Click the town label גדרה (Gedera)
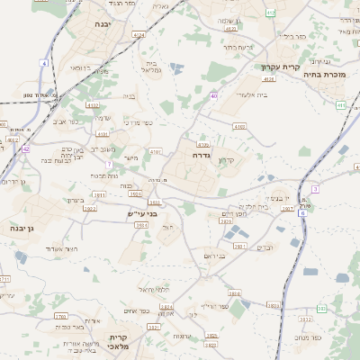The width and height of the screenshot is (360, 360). pyautogui.click(x=200, y=155)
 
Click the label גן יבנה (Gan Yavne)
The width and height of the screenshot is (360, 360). pyautogui.click(x=23, y=228)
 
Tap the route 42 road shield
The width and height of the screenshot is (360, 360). pyautogui.click(x=26, y=149)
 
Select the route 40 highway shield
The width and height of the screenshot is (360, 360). pyautogui.click(x=213, y=94)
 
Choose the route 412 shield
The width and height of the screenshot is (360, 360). pyautogui.click(x=272, y=13)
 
